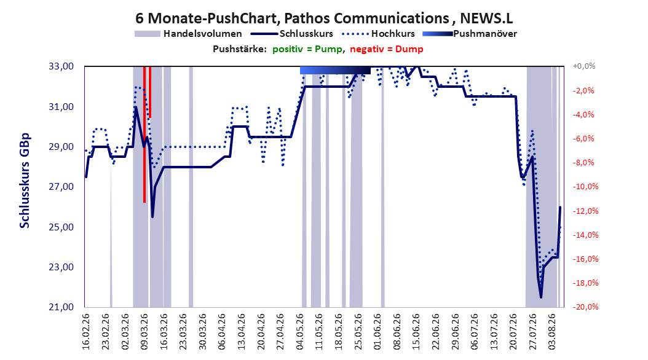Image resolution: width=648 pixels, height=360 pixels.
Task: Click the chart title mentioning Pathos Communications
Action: point(324,18)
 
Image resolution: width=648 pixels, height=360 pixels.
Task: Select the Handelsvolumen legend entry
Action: point(189,34)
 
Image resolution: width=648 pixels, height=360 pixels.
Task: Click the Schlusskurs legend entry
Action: point(292,34)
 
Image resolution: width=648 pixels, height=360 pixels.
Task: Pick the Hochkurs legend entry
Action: point(379,34)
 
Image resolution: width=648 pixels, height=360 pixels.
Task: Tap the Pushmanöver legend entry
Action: point(470,34)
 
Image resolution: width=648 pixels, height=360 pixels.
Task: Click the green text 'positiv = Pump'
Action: point(307,49)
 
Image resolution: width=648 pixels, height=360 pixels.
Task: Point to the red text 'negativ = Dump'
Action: point(387,49)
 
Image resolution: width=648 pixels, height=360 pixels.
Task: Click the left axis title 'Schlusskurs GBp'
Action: point(25,181)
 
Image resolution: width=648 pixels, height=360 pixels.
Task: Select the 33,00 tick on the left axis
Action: point(61,66)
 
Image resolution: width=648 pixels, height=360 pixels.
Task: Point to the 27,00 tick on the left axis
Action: point(61,187)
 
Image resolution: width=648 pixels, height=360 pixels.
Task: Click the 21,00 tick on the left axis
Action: point(61,307)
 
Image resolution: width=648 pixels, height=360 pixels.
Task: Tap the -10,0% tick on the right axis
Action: point(585,187)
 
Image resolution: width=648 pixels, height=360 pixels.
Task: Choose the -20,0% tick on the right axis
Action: point(585,307)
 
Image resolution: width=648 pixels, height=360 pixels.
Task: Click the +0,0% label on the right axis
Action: point(584,66)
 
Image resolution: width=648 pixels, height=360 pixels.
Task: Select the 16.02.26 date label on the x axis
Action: point(86,332)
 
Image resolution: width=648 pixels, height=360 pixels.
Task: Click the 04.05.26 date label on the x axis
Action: point(300,332)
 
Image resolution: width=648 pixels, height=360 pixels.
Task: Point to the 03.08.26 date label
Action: point(552,332)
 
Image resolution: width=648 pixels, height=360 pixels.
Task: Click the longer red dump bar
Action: point(144,134)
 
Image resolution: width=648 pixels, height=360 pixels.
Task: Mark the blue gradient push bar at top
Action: point(335,71)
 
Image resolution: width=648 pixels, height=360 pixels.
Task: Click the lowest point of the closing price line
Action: point(541,297)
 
